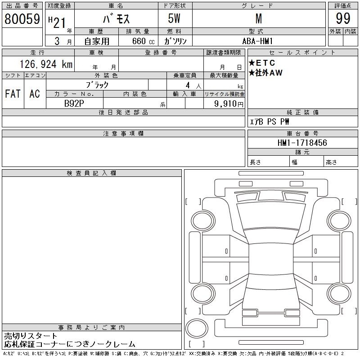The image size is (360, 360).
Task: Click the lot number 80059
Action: (x=22, y=19)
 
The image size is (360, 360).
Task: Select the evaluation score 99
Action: (x=343, y=18)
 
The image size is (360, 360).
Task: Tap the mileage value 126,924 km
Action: (x=46, y=64)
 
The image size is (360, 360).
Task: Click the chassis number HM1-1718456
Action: (x=302, y=143)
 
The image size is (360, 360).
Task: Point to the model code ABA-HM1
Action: (x=257, y=41)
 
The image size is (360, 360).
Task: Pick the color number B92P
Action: (x=74, y=103)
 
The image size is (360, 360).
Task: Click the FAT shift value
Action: (x=13, y=94)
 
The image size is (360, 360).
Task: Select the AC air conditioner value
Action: (x=35, y=94)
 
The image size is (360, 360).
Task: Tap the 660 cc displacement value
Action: (x=143, y=41)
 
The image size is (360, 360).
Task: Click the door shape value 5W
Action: (x=174, y=18)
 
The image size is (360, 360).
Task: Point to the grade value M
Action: (x=259, y=18)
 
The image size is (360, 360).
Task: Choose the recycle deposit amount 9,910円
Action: (x=229, y=104)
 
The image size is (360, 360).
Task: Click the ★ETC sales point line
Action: (x=262, y=63)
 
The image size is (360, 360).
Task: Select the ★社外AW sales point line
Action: (x=265, y=73)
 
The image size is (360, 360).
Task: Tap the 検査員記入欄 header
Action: (x=91, y=173)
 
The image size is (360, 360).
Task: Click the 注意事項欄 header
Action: (x=123, y=134)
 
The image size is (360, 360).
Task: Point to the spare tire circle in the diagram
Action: (x=197, y=328)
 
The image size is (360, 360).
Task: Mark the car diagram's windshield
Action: (x=271, y=216)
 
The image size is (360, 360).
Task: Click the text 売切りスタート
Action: (x=31, y=336)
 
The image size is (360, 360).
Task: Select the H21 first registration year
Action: (x=57, y=22)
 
